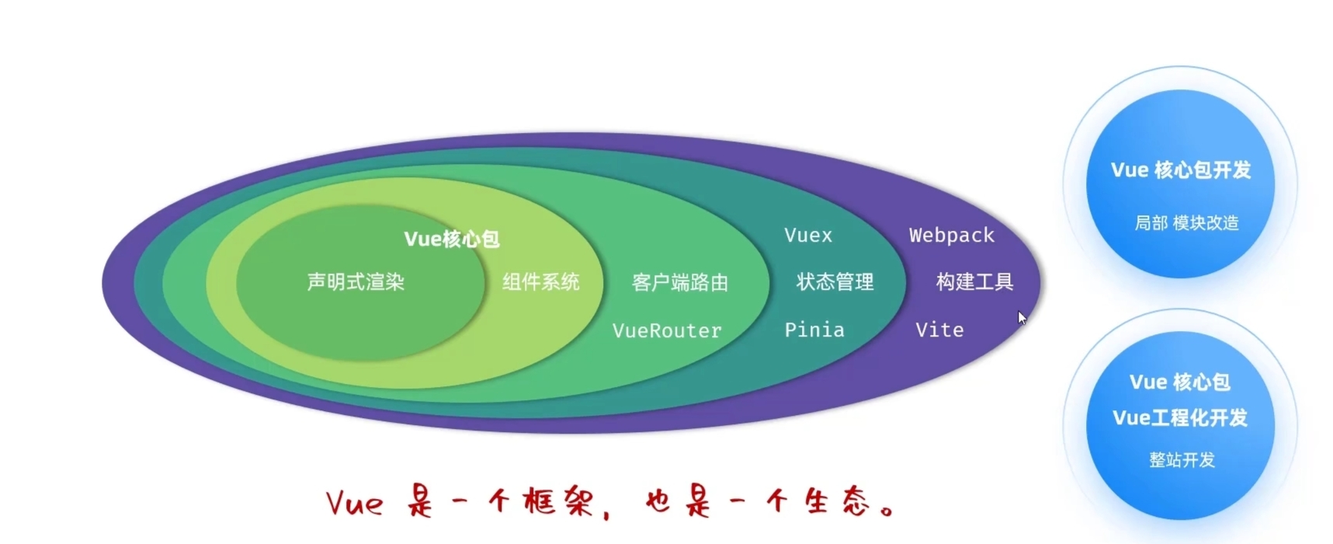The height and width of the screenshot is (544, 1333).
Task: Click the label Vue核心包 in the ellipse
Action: pos(451,239)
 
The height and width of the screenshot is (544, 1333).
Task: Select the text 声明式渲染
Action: pos(356,282)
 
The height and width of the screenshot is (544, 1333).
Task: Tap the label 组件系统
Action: pos(540,282)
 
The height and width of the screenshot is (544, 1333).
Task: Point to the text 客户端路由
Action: pos(679,283)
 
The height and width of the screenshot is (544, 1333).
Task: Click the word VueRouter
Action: pos(667,331)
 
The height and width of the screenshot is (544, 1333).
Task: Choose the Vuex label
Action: pos(807,235)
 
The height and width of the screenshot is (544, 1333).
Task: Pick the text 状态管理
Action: pos(835,282)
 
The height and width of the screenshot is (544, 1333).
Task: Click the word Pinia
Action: pos(814,330)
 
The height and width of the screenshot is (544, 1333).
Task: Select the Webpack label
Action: pos(951,235)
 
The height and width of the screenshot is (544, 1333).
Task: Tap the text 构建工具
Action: pos(974,282)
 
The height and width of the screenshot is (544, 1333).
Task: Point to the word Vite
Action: pos(939,330)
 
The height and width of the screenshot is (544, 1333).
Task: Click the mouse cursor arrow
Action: pos(1022,318)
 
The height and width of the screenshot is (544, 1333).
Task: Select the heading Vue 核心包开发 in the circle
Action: pos(1180,170)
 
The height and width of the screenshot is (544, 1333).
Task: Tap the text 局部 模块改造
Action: pos(1185,223)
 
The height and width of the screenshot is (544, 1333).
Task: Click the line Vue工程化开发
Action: pos(1179,418)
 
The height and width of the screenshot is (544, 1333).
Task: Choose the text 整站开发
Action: pos(1181,460)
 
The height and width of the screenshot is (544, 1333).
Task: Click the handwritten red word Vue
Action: pos(354,504)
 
